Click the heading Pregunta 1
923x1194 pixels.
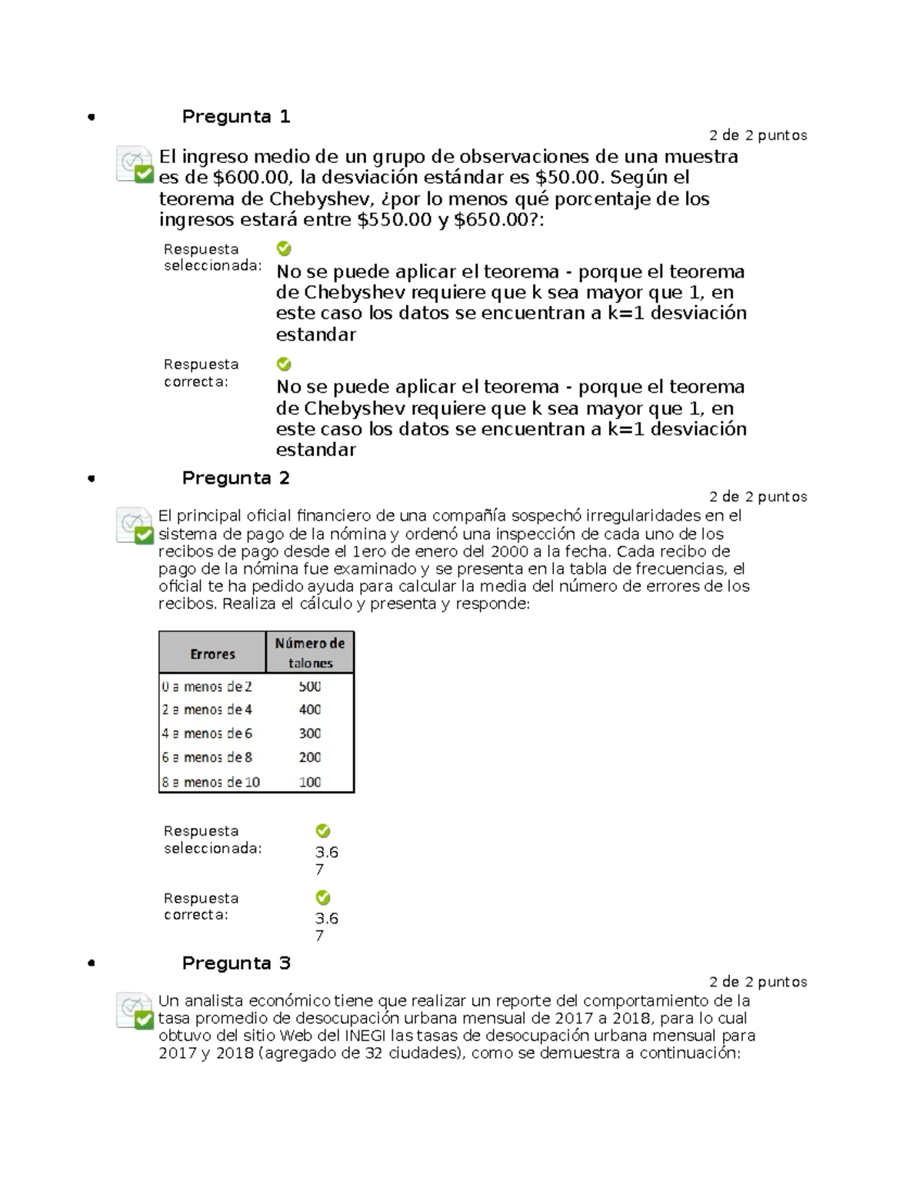(235, 117)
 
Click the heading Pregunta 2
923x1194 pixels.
(235, 478)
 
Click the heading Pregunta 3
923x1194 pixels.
(235, 963)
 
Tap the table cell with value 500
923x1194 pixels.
(310, 687)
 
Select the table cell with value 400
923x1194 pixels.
(310, 710)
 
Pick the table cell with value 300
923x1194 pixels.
(310, 733)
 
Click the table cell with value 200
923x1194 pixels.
(310, 757)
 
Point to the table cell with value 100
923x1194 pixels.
(310, 782)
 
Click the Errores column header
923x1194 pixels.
(212, 654)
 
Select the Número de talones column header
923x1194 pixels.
(310, 653)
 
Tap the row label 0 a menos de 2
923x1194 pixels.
(207, 687)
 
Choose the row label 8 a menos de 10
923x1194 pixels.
(211, 782)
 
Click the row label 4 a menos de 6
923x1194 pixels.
(207, 733)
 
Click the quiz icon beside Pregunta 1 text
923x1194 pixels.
(135, 165)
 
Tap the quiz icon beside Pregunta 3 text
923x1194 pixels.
(135, 1010)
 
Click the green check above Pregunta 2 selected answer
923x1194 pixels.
(323, 831)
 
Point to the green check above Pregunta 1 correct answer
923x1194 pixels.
(284, 364)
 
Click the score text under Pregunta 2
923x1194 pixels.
(758, 497)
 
